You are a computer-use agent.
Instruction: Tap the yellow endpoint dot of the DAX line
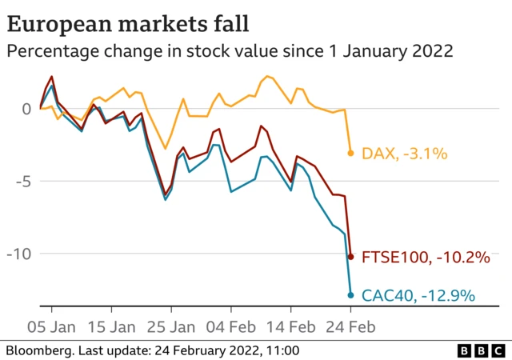click(x=350, y=153)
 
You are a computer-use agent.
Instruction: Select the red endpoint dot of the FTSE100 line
click(x=350, y=256)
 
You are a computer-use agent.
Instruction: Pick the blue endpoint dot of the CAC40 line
click(x=350, y=295)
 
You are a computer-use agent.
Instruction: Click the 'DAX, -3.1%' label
click(x=404, y=153)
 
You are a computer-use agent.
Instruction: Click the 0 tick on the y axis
click(x=26, y=108)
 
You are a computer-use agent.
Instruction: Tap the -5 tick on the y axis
click(x=23, y=182)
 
